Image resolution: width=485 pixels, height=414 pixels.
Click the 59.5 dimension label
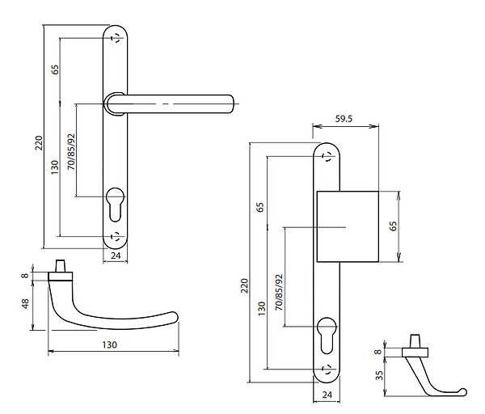344,119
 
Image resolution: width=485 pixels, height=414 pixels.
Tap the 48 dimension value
25,303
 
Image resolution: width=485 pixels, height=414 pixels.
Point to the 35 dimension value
379,375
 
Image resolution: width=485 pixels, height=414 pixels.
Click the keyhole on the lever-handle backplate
115,205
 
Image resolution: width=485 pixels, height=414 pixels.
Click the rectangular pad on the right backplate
348,226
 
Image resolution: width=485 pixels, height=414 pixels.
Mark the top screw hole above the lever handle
116,38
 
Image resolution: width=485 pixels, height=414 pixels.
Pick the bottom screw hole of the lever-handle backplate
116,236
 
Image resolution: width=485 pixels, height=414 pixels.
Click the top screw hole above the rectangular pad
327,157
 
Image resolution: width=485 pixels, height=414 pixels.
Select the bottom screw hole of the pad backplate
327,370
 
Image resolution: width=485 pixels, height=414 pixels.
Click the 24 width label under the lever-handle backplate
116,256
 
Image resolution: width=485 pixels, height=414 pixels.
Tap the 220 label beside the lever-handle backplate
39,142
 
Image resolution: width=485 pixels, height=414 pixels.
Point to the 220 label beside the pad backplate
245,285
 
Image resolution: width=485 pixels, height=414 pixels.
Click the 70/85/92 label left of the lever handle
71,152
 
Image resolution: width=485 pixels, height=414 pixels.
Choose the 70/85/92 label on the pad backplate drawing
279,293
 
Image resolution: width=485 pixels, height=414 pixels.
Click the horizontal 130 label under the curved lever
109,344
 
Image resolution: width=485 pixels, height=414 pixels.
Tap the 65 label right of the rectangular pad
393,226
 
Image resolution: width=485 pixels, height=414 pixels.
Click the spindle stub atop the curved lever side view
61,266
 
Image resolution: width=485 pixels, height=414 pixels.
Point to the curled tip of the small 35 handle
462,391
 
